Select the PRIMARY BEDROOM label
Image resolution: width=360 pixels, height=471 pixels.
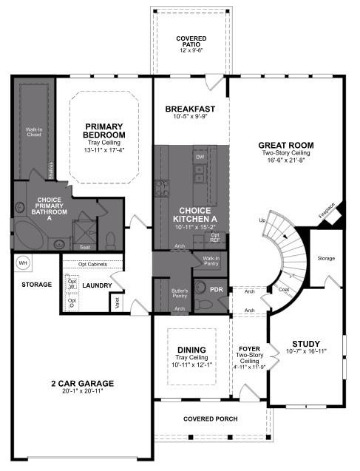click(104, 130)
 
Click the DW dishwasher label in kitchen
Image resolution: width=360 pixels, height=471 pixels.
click(199, 157)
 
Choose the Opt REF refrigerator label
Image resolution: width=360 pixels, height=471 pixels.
click(215, 238)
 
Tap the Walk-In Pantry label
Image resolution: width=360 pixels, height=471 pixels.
click(211, 260)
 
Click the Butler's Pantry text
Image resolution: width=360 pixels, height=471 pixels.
click(179, 294)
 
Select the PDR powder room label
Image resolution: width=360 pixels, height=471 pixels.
click(217, 289)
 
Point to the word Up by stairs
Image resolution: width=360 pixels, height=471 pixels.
click(262, 220)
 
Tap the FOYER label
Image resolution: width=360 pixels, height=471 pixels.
click(248, 347)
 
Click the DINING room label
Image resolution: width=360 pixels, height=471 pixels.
click(191, 350)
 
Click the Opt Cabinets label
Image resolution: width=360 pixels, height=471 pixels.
click(91, 264)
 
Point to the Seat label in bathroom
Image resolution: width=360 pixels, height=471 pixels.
click(84, 247)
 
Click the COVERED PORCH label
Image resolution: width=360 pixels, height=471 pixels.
click(211, 419)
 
